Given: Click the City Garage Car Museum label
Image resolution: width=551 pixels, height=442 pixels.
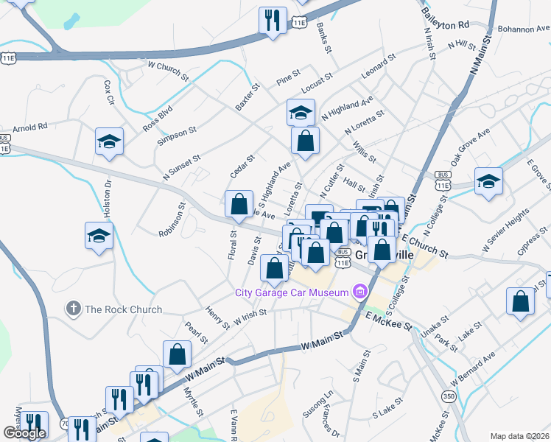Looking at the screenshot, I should coord(291,293).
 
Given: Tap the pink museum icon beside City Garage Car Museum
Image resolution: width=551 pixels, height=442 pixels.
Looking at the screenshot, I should coord(359,292).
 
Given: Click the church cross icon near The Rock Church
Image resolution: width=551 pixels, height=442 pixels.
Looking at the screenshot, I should coord(73,309).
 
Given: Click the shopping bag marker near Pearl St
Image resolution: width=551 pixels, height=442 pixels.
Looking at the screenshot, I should coord(178,354).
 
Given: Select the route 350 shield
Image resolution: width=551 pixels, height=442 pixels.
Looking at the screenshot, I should coord(446,396).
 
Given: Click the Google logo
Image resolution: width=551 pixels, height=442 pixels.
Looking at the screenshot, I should coord(24,433).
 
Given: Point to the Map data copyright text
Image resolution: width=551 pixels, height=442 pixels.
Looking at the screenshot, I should coord(520,436).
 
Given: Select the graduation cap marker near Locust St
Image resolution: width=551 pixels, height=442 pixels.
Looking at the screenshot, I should coord(300,112).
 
